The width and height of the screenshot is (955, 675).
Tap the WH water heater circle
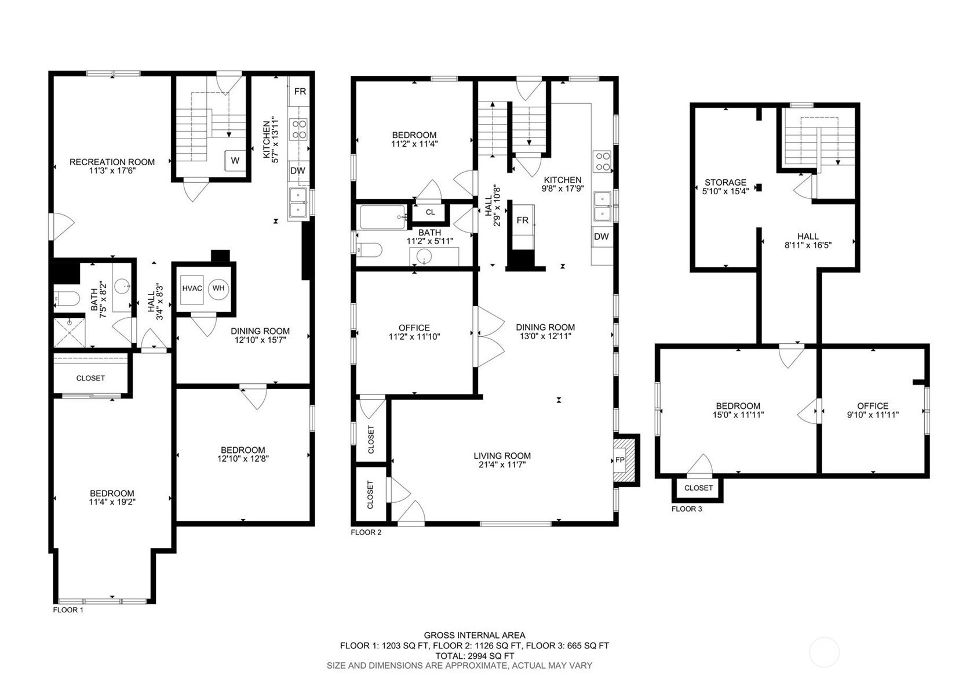click(x=218, y=288)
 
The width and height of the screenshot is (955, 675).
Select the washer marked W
click(x=235, y=161)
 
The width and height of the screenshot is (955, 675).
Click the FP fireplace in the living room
click(x=619, y=460)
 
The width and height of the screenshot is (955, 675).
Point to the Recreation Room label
click(x=112, y=162)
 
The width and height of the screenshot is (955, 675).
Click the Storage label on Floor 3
click(x=726, y=182)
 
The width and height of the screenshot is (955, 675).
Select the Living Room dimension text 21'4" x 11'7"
click(x=502, y=464)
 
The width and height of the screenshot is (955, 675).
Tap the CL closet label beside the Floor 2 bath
click(x=430, y=212)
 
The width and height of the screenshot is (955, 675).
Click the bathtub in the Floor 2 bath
click(x=383, y=217)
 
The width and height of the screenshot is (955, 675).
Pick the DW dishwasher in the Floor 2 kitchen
click(x=602, y=237)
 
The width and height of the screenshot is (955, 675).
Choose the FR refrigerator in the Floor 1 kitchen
click(x=300, y=91)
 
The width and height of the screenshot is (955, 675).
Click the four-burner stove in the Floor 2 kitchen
click(x=603, y=162)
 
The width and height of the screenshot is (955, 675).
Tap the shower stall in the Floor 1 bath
click(x=70, y=332)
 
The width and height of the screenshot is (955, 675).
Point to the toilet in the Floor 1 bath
click(x=67, y=299)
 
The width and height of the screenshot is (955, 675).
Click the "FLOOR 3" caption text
click(x=686, y=509)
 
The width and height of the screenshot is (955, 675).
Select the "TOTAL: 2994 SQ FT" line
click(x=475, y=656)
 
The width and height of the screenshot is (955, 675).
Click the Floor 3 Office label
click(x=873, y=406)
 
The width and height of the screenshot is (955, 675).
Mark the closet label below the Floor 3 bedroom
click(x=698, y=488)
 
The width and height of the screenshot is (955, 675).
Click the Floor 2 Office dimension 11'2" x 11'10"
click(x=414, y=337)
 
